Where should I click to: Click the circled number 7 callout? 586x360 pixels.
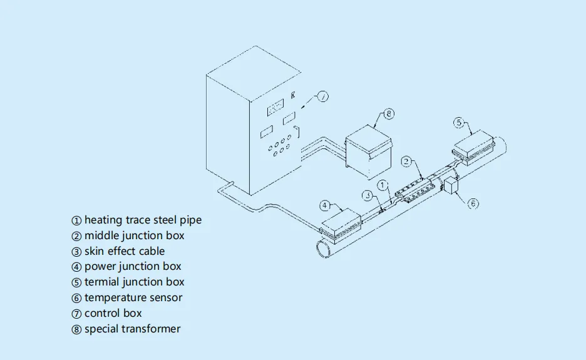pos(323,97)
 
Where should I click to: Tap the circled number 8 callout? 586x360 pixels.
pos(389,114)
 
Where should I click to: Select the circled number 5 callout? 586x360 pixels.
pos(459,123)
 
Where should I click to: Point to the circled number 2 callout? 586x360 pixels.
pos(406,162)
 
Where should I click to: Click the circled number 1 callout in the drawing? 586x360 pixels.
pos(383,185)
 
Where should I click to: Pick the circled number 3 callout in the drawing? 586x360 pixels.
pos(368,195)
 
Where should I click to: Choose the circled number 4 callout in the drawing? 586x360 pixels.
pos(325,205)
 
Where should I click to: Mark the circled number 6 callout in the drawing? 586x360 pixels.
pos(473,203)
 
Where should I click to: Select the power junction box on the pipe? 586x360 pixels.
pos(341,224)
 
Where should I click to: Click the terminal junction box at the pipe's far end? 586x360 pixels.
pos(474,147)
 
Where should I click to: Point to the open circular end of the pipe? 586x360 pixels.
pos(324,249)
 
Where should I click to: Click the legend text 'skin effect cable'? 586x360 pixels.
pos(125,251)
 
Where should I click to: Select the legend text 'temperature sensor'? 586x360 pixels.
pos(133,297)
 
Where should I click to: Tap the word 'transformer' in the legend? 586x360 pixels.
pos(151,329)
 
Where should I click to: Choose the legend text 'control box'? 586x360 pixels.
pos(113,313)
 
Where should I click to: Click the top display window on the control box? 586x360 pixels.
pos(275,108)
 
